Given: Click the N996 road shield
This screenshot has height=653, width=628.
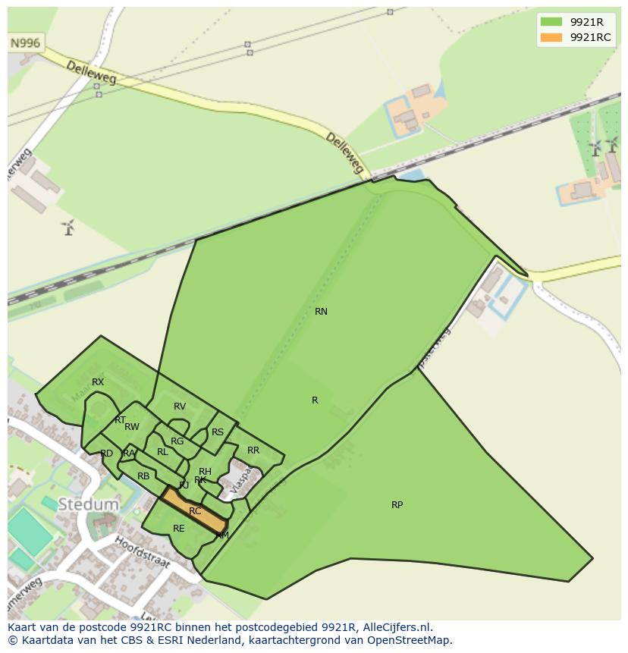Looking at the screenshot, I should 25,43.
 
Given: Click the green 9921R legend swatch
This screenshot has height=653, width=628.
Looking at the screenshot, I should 551,22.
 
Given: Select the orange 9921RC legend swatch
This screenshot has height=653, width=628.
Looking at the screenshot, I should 551,37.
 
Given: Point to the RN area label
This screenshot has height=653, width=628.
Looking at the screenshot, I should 321,312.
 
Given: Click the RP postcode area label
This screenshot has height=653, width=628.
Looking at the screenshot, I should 397,505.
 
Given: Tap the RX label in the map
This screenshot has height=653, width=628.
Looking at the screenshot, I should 98,382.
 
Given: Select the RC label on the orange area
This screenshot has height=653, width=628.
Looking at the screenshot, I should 195,511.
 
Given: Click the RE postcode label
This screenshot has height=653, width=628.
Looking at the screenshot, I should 179,529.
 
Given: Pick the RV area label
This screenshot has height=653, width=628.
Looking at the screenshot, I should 180,407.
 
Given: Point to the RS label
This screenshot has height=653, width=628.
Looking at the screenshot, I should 218,432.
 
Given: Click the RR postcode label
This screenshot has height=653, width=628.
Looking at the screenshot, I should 253,451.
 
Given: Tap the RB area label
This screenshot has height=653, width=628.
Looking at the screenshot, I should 143,476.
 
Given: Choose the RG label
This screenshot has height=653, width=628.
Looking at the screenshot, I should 177,441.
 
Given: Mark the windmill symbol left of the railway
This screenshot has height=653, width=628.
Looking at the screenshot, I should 68,227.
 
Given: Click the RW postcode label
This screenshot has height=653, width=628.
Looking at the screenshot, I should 132,427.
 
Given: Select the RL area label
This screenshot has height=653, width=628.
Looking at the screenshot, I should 162,452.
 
